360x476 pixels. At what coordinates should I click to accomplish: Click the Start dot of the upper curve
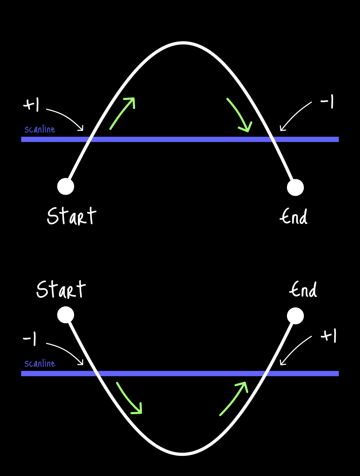tap(66, 187)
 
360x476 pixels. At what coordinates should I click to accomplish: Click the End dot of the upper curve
tap(295, 187)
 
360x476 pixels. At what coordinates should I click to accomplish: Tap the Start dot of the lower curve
tap(66, 315)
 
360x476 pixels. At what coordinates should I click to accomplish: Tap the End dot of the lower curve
tap(295, 316)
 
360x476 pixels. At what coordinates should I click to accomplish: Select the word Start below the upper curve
tap(71, 216)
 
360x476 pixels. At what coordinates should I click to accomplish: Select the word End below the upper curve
tap(294, 216)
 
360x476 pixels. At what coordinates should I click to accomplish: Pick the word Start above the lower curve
tap(61, 289)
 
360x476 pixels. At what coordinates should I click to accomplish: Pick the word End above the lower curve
tap(303, 290)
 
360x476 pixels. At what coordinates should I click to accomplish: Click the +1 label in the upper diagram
tap(31, 105)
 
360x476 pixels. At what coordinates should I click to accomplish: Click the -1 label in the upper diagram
tap(327, 102)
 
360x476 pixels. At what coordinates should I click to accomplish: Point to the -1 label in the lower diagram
tap(30, 339)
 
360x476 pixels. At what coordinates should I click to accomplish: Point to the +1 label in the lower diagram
tap(329, 336)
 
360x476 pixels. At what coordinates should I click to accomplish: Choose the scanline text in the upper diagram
tap(40, 129)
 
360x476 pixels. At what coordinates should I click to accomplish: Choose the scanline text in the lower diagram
tap(40, 364)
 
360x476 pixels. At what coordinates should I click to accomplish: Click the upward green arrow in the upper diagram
tap(123, 113)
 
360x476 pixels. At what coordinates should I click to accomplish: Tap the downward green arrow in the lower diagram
tap(129, 398)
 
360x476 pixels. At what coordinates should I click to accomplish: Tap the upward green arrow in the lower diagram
tap(234, 399)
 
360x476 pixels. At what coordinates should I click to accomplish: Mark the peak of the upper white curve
tap(182, 43)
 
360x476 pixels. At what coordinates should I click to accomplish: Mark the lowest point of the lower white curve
tap(182, 454)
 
